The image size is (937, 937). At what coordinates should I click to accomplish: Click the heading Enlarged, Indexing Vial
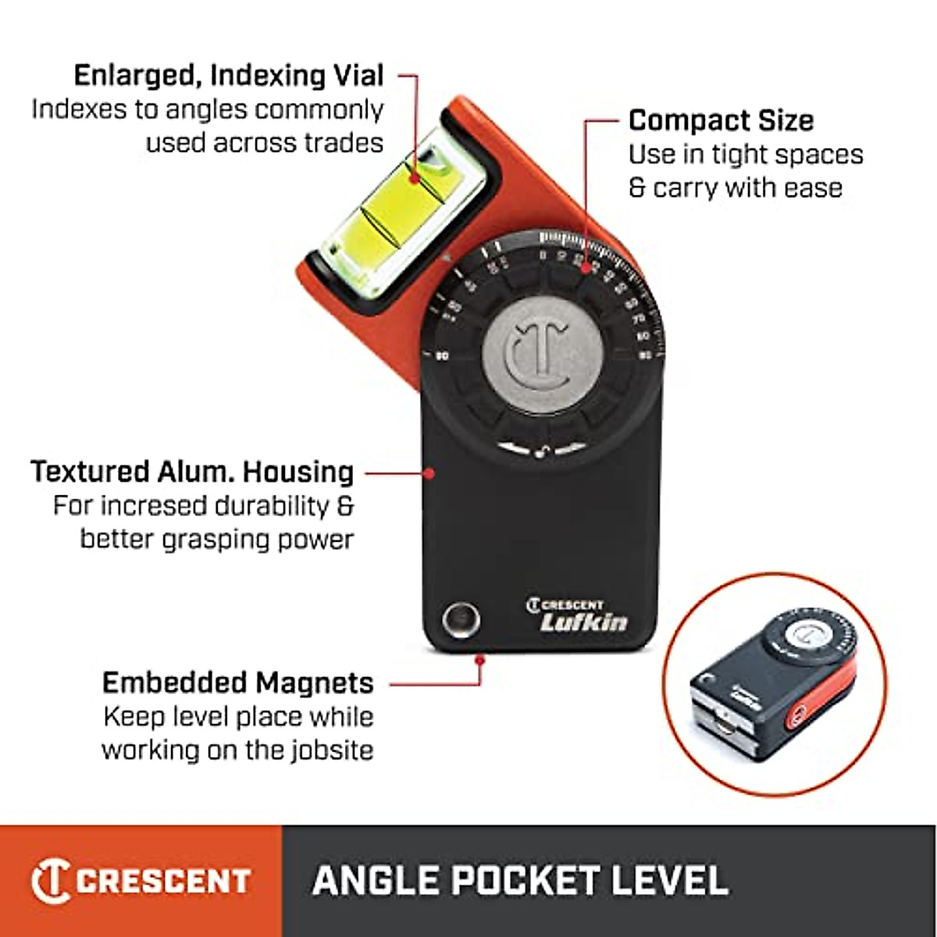(229, 76)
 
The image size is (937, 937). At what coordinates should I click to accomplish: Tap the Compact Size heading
(721, 121)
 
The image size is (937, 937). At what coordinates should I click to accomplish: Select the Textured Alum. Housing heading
(192, 472)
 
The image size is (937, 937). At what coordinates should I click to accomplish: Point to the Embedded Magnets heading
(238, 683)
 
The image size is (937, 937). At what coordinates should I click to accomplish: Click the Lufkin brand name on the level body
(584, 622)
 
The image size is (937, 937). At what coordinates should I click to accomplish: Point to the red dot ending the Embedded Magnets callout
(480, 660)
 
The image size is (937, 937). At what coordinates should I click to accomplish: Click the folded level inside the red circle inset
(773, 679)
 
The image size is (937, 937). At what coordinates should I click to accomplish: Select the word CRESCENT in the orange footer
(163, 881)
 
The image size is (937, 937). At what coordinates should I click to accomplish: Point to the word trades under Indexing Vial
(344, 143)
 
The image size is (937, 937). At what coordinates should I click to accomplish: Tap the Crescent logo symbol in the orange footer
(50, 881)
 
